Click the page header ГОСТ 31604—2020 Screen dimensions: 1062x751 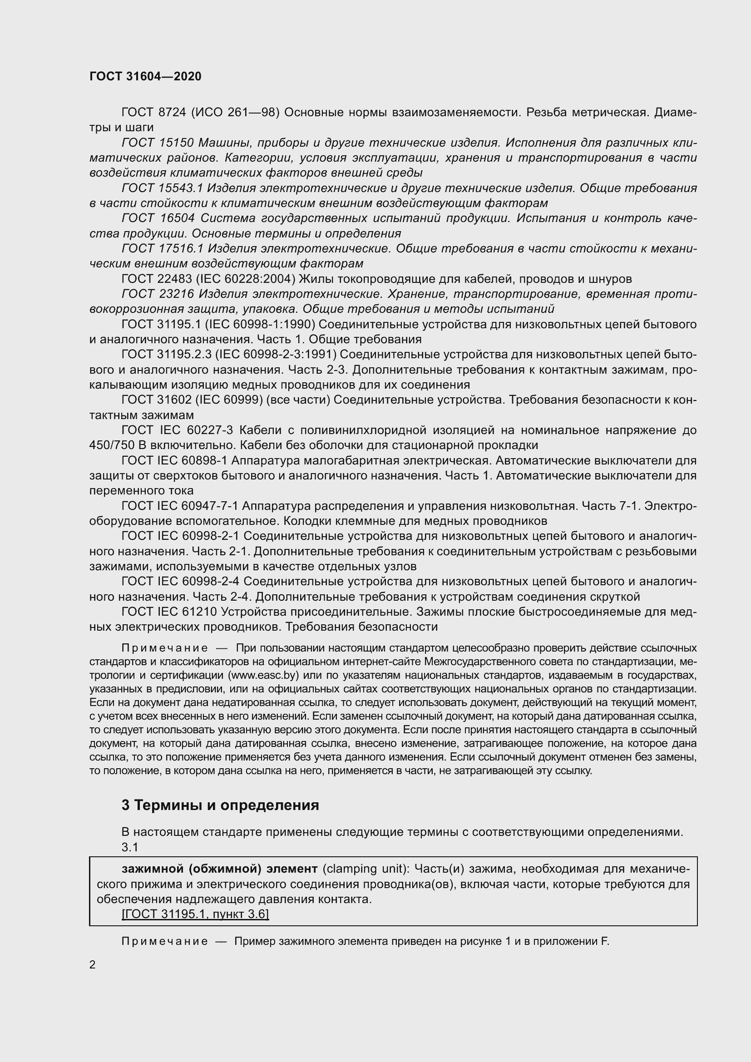145,76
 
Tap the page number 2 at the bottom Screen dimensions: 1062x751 93,964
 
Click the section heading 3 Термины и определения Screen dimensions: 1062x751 220,805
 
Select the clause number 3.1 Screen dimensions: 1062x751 130,846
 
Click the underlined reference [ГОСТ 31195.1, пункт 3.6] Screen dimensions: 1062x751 195,914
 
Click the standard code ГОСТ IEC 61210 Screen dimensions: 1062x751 169,612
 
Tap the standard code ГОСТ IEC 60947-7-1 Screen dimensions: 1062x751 179,506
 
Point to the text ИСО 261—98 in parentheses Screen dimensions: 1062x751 235,113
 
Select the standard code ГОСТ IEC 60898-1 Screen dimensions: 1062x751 174,461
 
